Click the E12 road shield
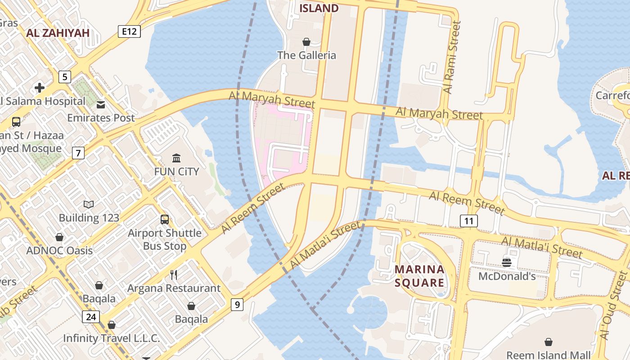tap(130, 31)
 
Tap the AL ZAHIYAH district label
tap(58, 33)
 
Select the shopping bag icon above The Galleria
tap(306, 42)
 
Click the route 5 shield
tap(65, 77)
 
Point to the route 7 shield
tap(78, 153)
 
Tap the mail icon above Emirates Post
tap(101, 104)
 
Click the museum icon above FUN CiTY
tap(176, 158)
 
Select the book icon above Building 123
tap(89, 205)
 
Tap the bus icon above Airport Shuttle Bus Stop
tap(165, 220)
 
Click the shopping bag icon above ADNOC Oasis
tap(59, 237)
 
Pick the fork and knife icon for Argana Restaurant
tap(174, 274)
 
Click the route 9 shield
tap(237, 305)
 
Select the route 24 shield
tap(91, 317)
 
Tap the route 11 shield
tap(469, 220)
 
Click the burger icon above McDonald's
tap(507, 262)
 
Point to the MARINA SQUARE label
tap(419, 276)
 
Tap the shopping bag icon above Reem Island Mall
tap(549, 342)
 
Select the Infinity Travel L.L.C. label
tap(112, 338)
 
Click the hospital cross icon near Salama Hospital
tap(40, 87)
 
